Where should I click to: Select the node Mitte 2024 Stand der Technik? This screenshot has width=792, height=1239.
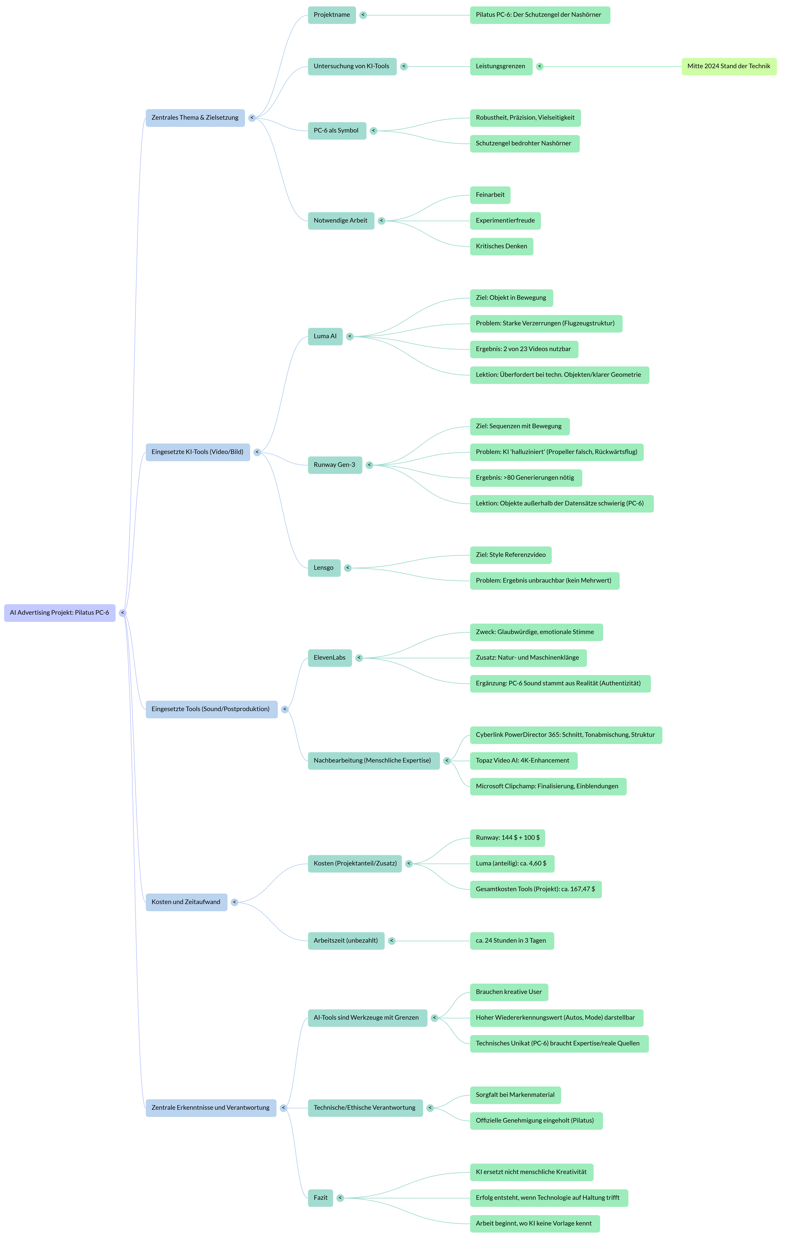(729, 66)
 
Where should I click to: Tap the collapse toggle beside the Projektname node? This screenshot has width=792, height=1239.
(363, 15)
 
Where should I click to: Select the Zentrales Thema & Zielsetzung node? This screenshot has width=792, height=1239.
(195, 118)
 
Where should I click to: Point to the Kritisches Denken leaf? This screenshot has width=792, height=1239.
(501, 246)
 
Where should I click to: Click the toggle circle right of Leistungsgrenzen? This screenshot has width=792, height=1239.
(539, 66)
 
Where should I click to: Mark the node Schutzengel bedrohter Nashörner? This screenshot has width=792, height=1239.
(524, 144)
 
